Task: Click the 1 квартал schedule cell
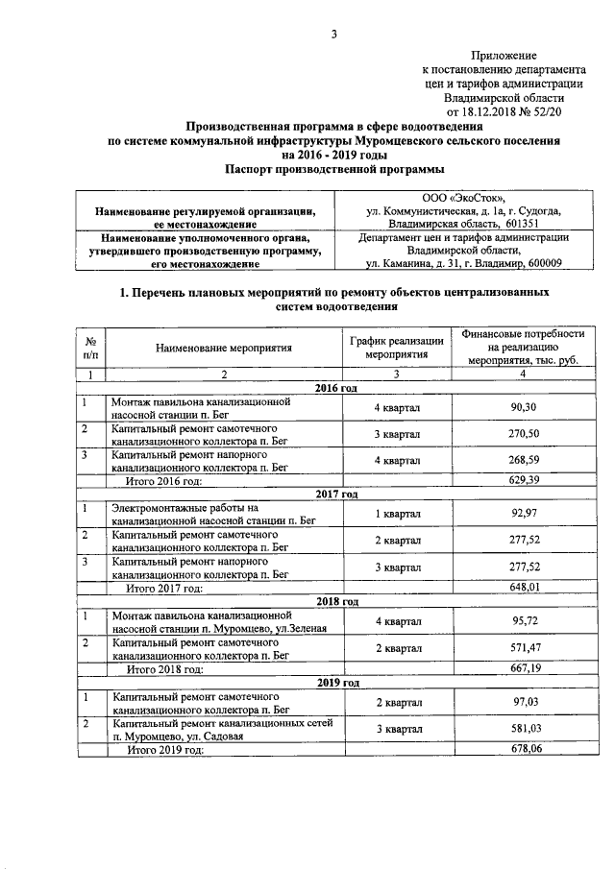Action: point(396,515)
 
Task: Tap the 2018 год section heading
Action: point(336,601)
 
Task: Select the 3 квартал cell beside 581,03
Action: point(396,730)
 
